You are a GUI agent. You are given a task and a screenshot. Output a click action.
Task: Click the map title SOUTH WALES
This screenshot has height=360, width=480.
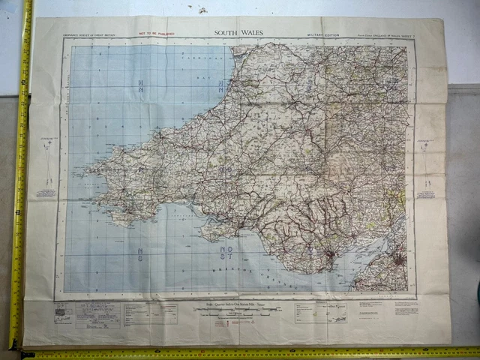point(239,33)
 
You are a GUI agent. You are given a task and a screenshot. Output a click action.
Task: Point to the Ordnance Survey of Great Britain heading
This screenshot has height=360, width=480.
point(89,35)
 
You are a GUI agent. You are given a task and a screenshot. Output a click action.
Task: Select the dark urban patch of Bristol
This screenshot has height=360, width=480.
point(398,260)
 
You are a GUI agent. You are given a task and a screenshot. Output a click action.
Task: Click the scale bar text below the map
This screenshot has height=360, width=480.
point(240,304)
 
